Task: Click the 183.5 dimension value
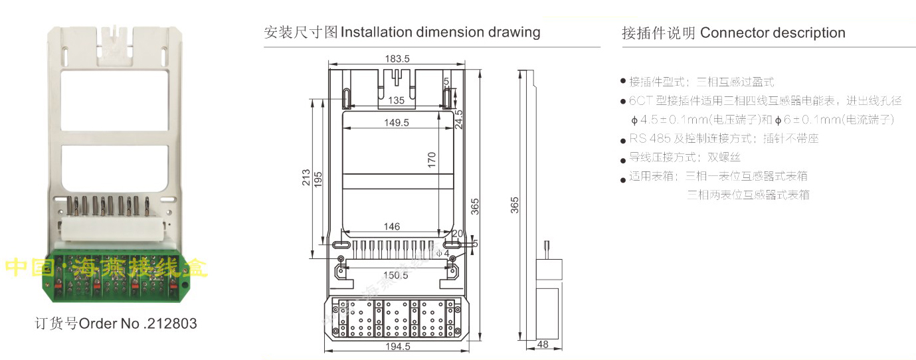click(397, 59)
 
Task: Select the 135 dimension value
click(396, 100)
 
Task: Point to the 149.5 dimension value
click(396, 122)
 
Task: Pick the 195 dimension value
click(318, 178)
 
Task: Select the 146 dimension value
click(392, 226)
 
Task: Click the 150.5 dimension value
click(396, 275)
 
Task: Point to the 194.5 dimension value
click(397, 346)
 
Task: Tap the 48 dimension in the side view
click(542, 344)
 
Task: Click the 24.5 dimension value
click(458, 120)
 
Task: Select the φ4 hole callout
click(443, 253)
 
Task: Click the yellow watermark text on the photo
click(106, 267)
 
